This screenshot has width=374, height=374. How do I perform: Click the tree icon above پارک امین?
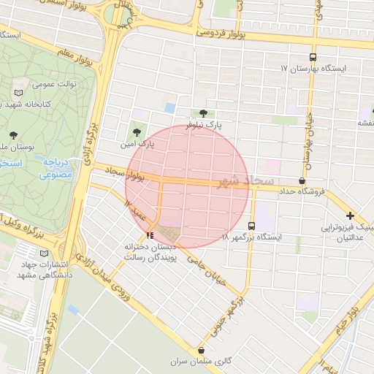click(137, 132)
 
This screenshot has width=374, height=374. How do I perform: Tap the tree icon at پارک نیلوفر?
click(202, 113)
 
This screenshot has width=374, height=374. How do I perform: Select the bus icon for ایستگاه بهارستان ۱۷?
click(313, 56)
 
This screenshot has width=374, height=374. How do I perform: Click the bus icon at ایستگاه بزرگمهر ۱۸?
click(252, 226)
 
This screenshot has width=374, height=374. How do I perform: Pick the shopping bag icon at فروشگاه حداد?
click(302, 180)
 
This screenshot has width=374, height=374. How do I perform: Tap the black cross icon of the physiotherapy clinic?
click(351, 215)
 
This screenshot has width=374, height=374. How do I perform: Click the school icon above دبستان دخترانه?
click(150, 234)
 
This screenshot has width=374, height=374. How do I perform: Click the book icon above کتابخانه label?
click(18, 93)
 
